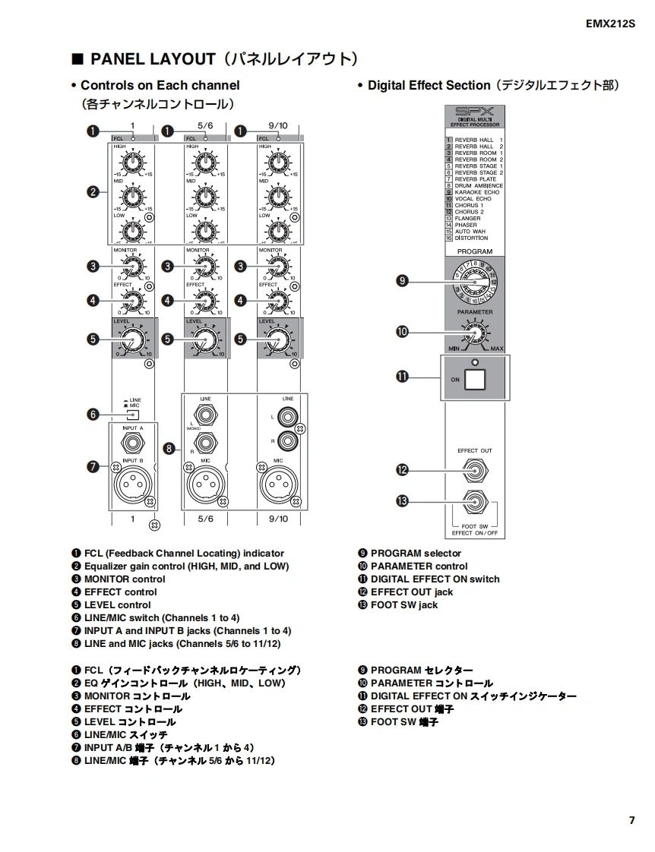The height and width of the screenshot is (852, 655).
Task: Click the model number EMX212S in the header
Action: pyautogui.click(x=610, y=24)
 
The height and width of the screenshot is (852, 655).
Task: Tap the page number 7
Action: pyautogui.click(x=631, y=820)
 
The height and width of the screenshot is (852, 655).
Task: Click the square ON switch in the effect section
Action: pyautogui.click(x=475, y=378)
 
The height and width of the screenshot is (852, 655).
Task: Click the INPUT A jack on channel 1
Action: pyautogui.click(x=132, y=444)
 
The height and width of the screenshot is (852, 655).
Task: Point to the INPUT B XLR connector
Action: pyautogui.click(x=132, y=484)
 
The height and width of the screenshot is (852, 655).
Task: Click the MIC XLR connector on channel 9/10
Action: pyautogui.click(x=279, y=484)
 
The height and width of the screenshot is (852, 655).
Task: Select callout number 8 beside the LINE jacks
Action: pyautogui.click(x=169, y=449)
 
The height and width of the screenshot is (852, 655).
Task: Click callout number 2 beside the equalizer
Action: pyautogui.click(x=93, y=192)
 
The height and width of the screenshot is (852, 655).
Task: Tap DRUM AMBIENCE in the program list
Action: pyautogui.click(x=479, y=186)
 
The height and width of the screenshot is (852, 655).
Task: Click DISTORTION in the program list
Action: pyautogui.click(x=472, y=238)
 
